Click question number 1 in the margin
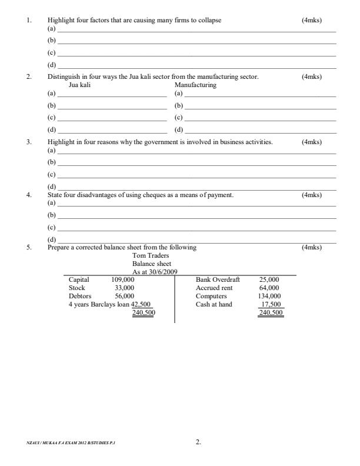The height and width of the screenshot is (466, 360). click(x=28, y=21)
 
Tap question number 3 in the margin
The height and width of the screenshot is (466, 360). click(x=28, y=142)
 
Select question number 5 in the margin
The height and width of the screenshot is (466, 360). click(x=28, y=248)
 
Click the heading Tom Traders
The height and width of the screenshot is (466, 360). click(x=151, y=256)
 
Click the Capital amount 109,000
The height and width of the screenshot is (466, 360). click(x=123, y=280)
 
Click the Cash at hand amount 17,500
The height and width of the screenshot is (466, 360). click(x=271, y=305)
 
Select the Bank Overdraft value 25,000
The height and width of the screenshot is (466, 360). click(x=269, y=280)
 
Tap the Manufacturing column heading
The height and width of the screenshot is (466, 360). click(x=196, y=85)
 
